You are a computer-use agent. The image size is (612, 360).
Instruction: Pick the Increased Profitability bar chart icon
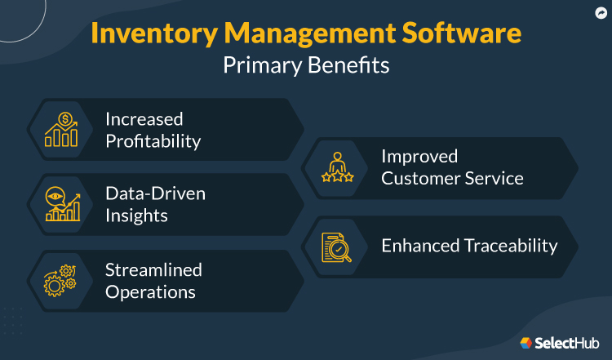click(x=61, y=129)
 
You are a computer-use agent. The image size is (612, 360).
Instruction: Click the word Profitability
click(x=153, y=140)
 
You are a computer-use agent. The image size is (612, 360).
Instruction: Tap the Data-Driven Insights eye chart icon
click(x=61, y=205)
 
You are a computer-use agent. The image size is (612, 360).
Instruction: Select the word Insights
click(x=136, y=216)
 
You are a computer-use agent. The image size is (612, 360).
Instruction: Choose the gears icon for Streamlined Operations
click(x=61, y=281)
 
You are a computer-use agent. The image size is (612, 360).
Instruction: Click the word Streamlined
click(x=153, y=269)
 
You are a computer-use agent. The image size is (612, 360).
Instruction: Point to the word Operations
click(x=150, y=291)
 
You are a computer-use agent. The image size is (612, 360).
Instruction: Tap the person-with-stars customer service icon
click(x=336, y=167)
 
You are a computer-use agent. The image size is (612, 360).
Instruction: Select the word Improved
click(x=419, y=156)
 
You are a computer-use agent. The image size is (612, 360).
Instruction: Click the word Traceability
click(x=512, y=245)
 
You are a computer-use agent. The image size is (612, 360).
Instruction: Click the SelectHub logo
click(x=557, y=342)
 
